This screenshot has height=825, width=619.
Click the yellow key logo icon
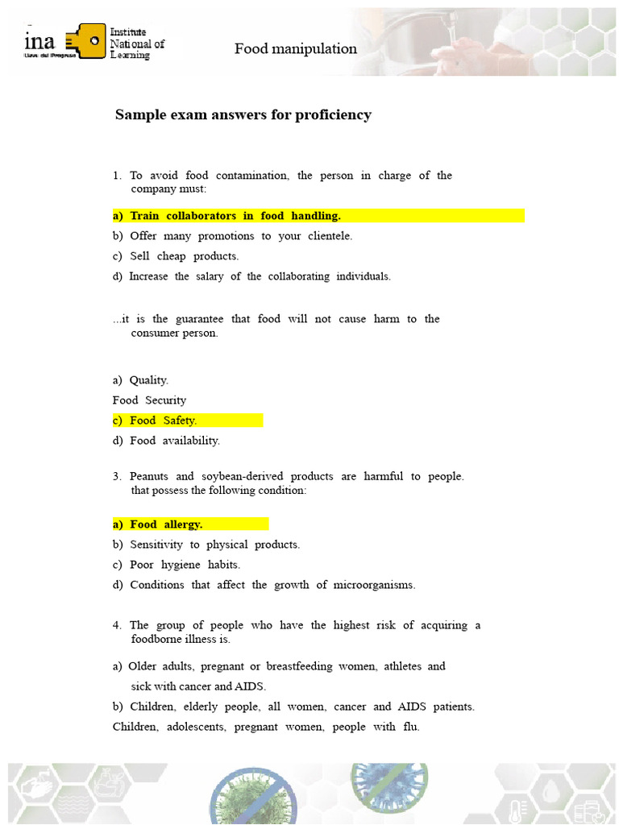click(88, 41)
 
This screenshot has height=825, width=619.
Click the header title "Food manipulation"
click(295, 49)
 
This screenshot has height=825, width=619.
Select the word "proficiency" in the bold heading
click(331, 114)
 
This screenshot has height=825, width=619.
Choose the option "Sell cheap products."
click(184, 256)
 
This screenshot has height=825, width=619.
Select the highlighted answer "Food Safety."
click(163, 421)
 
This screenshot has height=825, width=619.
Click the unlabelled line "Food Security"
click(149, 400)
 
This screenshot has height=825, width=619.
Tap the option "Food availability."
click(174, 441)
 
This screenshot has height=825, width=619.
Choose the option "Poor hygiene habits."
click(185, 565)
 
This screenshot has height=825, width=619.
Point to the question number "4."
click(118, 625)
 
